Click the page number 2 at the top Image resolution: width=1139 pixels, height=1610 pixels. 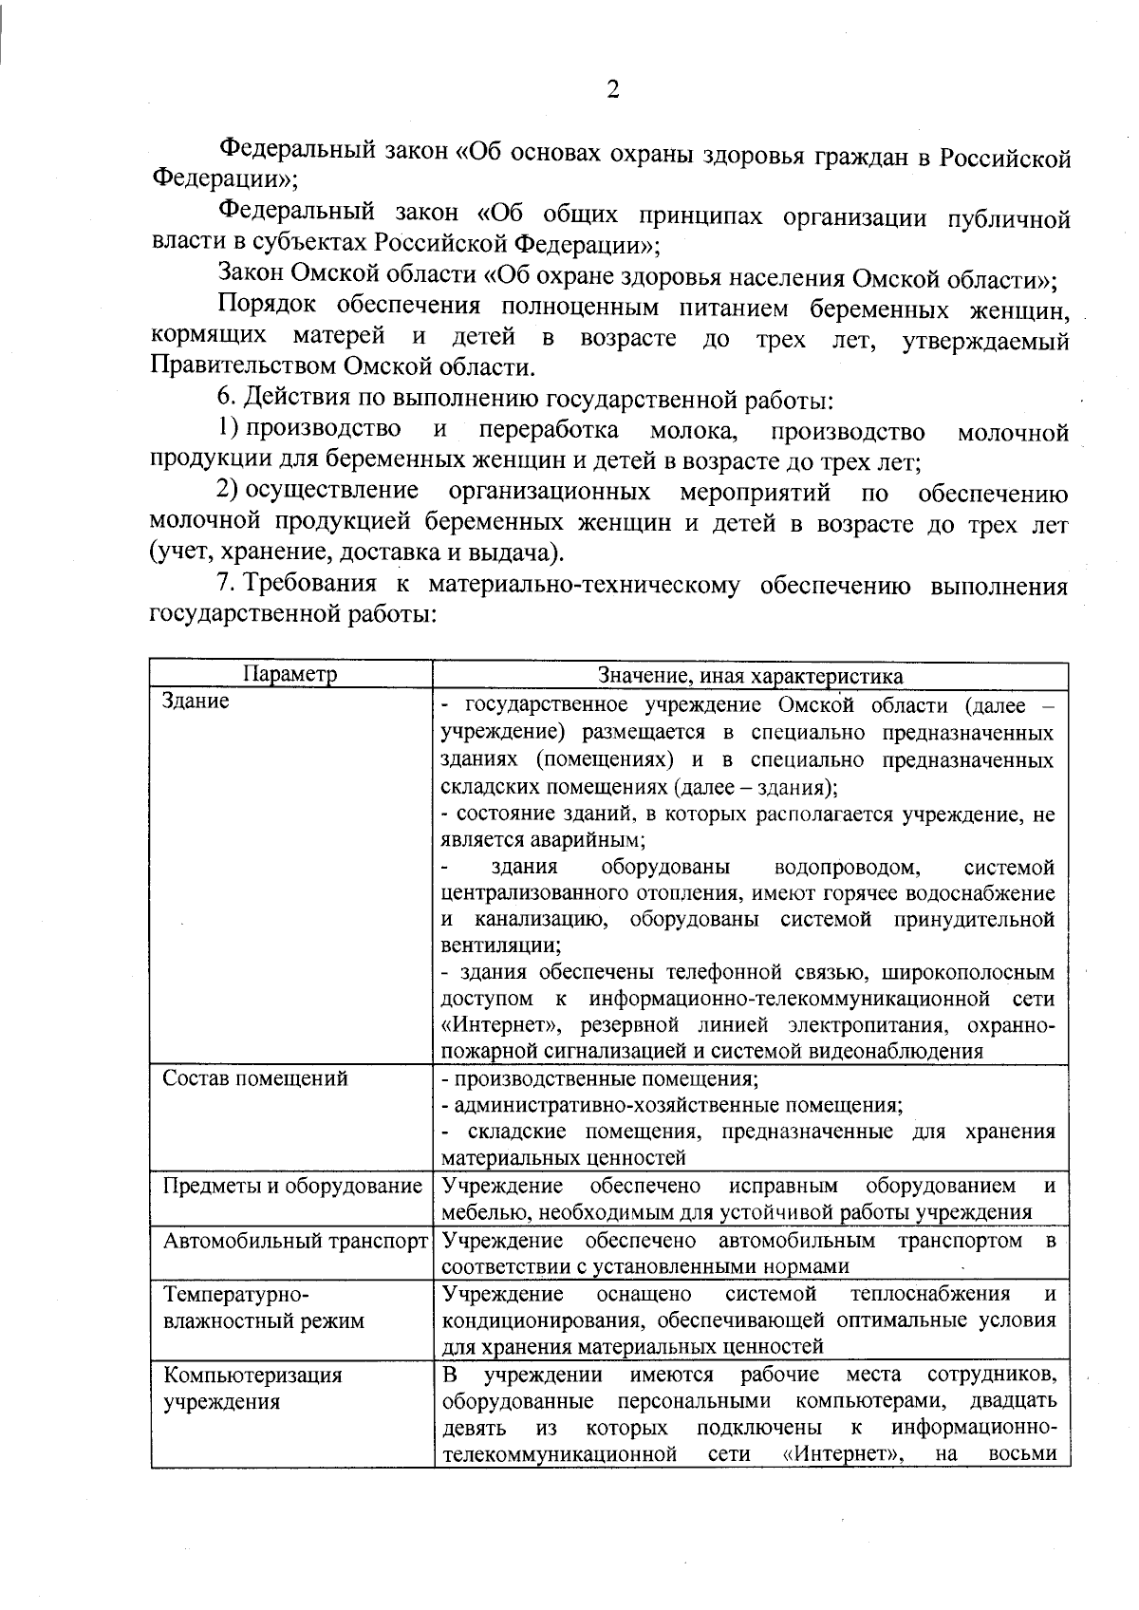(x=612, y=90)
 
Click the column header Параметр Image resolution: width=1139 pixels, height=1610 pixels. (x=290, y=675)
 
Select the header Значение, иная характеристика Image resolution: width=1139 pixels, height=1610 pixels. (x=750, y=675)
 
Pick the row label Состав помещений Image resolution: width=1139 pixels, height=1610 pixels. (x=255, y=1078)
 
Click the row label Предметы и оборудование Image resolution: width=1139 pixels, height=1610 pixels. (x=292, y=1186)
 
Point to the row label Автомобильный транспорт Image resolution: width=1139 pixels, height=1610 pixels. (x=295, y=1241)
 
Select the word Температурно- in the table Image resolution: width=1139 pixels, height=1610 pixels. (x=237, y=1294)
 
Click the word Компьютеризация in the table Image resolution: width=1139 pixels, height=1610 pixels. (x=252, y=1375)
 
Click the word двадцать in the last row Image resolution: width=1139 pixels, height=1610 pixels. (x=1013, y=1401)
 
